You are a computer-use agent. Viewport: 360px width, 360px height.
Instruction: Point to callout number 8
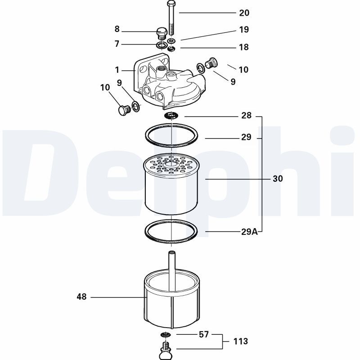click(117, 30)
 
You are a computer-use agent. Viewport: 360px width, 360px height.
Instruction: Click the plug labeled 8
click(161, 34)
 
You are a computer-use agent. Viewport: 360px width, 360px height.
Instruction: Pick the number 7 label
click(117, 44)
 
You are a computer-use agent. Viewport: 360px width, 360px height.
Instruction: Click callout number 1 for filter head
click(117, 70)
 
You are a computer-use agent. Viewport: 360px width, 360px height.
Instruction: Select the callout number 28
click(246, 116)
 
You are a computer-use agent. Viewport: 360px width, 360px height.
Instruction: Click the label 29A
click(249, 232)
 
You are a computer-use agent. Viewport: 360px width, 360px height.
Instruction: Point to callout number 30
click(278, 179)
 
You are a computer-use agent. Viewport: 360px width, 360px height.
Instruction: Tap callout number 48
click(81, 297)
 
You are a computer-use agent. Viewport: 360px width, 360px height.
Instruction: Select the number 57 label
click(204, 335)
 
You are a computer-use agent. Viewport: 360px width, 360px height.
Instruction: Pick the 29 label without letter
click(246, 137)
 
